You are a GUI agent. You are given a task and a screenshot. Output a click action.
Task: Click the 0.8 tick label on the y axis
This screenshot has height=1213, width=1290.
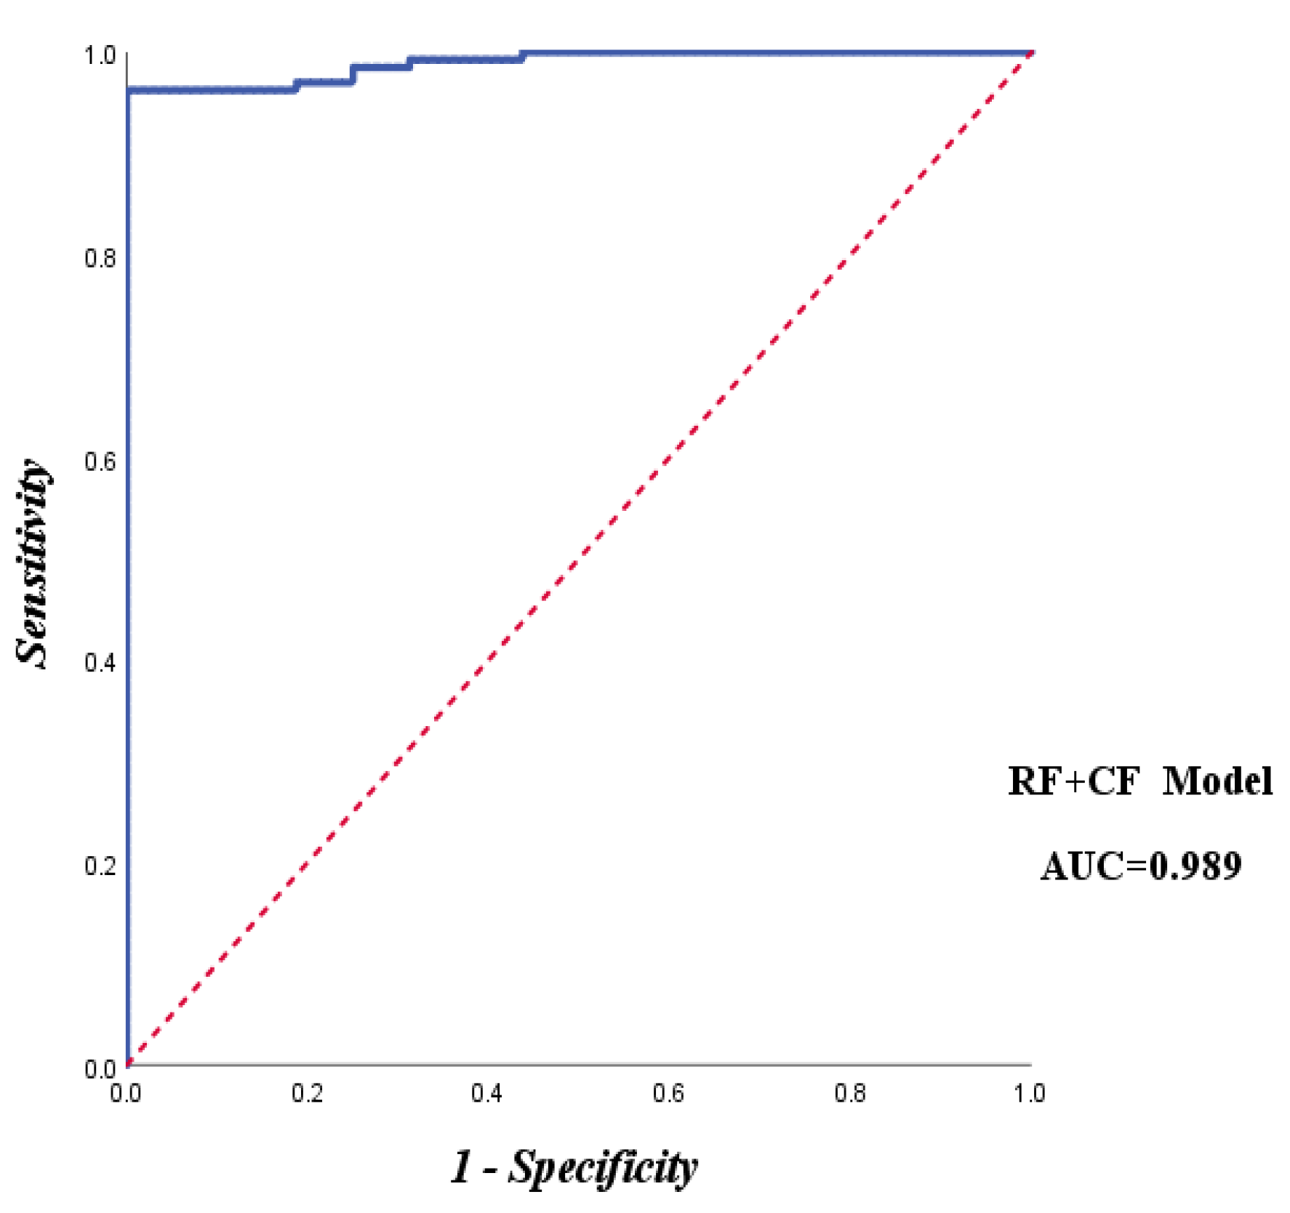pyautogui.click(x=100, y=258)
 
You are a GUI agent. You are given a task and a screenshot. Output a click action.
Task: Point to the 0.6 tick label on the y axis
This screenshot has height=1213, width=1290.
pyautogui.click(x=100, y=461)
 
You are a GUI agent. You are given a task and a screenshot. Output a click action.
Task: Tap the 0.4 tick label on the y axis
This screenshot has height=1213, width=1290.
pyautogui.click(x=100, y=663)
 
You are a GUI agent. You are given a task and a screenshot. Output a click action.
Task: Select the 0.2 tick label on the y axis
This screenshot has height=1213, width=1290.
pyautogui.click(x=100, y=866)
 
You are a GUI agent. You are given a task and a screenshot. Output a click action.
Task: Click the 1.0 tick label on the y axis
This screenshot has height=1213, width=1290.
pyautogui.click(x=100, y=55)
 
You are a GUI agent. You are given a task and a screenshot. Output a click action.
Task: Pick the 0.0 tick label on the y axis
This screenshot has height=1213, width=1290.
pyautogui.click(x=100, y=1068)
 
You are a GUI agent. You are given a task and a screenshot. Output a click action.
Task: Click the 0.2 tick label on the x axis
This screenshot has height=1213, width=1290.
pyautogui.click(x=307, y=1093)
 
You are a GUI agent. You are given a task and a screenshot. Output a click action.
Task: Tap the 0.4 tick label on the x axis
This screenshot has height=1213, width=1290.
pyautogui.click(x=487, y=1093)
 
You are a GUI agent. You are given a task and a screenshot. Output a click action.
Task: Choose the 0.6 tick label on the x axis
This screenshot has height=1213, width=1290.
pyautogui.click(x=668, y=1093)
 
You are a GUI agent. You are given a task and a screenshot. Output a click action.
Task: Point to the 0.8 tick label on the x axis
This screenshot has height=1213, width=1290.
pyautogui.click(x=849, y=1093)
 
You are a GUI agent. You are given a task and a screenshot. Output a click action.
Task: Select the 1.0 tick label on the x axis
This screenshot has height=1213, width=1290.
pyautogui.click(x=1030, y=1093)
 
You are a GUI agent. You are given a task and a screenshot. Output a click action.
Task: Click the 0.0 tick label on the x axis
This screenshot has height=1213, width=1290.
pyautogui.click(x=126, y=1093)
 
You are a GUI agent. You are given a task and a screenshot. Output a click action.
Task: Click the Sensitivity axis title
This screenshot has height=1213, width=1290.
pyautogui.click(x=33, y=563)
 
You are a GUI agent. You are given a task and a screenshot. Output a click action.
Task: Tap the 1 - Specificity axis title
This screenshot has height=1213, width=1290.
pyautogui.click(x=574, y=1169)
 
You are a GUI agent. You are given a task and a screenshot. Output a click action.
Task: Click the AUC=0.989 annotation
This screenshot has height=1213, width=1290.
pyautogui.click(x=1141, y=866)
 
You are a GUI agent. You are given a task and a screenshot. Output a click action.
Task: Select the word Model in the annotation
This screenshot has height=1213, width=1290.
pyautogui.click(x=1217, y=781)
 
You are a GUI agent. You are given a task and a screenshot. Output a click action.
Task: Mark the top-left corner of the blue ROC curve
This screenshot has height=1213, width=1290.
pyautogui.click(x=128, y=90)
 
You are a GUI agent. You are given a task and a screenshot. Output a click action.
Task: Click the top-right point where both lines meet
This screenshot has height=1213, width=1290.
pyautogui.click(x=1032, y=53)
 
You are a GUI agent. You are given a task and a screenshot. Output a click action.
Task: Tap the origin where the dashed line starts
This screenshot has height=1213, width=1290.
pyautogui.click(x=128, y=1065)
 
